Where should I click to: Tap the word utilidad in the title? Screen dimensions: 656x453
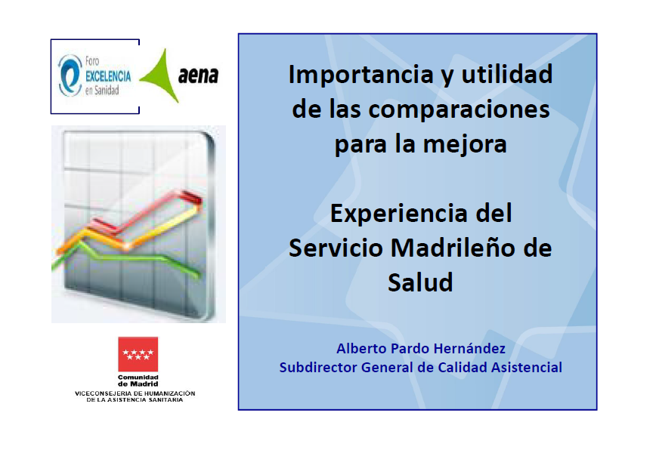point(506,74)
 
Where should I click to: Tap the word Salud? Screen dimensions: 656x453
point(420,282)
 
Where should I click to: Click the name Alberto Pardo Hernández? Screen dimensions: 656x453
point(421,348)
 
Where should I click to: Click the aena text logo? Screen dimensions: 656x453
point(198,75)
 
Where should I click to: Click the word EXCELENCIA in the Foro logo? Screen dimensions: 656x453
point(108,76)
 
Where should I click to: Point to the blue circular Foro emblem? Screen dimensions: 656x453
point(70,75)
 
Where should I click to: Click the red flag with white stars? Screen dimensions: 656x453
point(138,354)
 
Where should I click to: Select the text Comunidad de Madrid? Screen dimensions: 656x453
point(138,381)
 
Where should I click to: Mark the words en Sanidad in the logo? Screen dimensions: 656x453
point(102,91)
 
